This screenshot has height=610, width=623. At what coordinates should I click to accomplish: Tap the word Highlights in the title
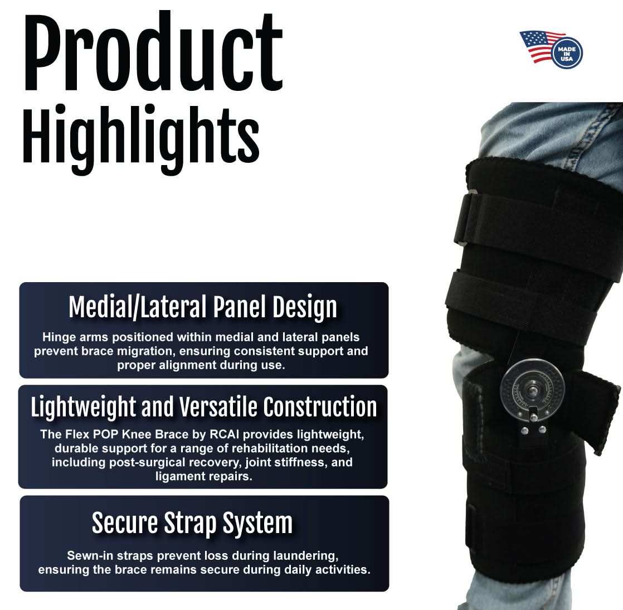pyautogui.click(x=140, y=136)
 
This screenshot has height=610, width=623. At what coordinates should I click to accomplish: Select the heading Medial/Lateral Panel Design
pyautogui.click(x=203, y=307)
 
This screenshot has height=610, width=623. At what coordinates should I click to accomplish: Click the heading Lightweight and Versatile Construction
pyautogui.click(x=203, y=407)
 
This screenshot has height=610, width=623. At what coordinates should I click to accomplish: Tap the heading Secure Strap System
pyautogui.click(x=192, y=523)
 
